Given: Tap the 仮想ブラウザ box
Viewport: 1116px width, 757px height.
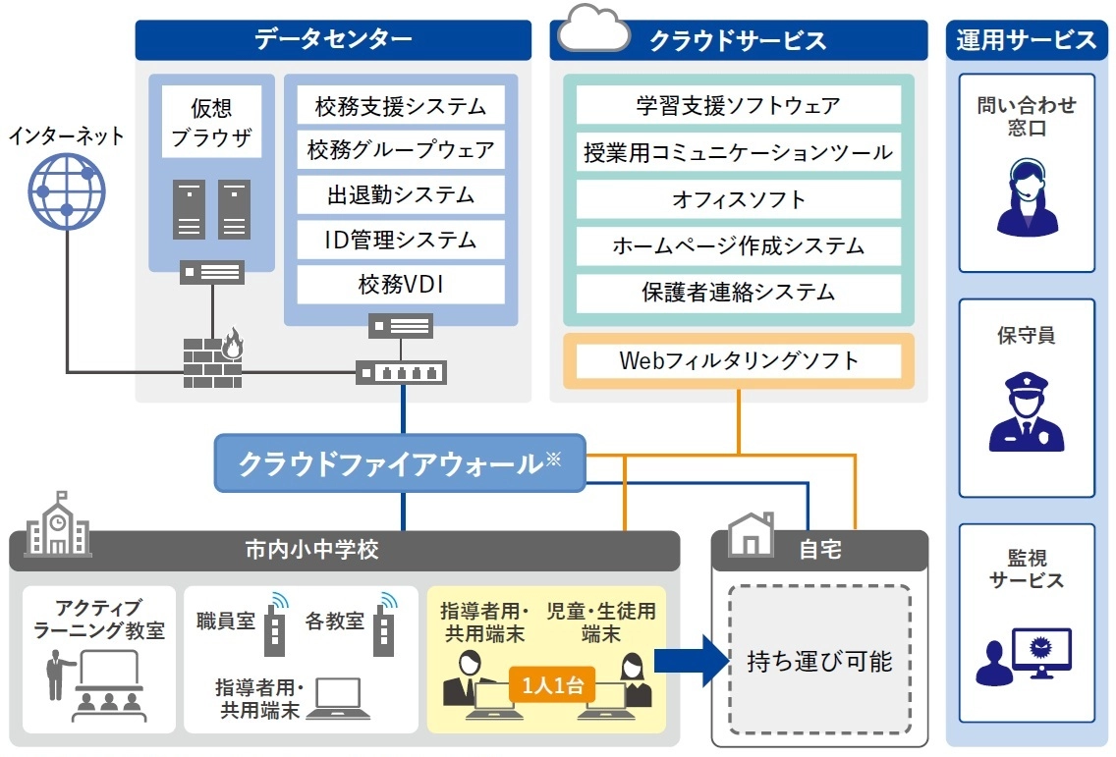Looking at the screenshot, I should coord(211,122).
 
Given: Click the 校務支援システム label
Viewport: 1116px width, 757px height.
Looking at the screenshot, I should coord(400,106).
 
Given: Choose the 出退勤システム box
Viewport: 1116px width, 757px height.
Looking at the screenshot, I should coord(400,194).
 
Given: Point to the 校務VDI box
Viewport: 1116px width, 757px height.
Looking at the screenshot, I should coord(400,285).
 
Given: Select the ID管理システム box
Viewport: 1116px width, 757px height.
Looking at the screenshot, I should coord(400,240).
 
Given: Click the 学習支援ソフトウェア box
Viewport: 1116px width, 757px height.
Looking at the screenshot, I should coord(738,105).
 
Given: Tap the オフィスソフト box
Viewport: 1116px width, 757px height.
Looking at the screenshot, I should coord(738,199).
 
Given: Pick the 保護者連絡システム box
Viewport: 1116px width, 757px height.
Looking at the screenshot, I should coord(738,293).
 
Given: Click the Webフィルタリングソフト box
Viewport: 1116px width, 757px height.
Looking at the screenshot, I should coord(738,360).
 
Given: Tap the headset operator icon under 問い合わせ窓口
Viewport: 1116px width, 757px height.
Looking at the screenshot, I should coord(1027,197).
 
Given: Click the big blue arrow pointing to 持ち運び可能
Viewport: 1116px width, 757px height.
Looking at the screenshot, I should coord(687,660).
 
